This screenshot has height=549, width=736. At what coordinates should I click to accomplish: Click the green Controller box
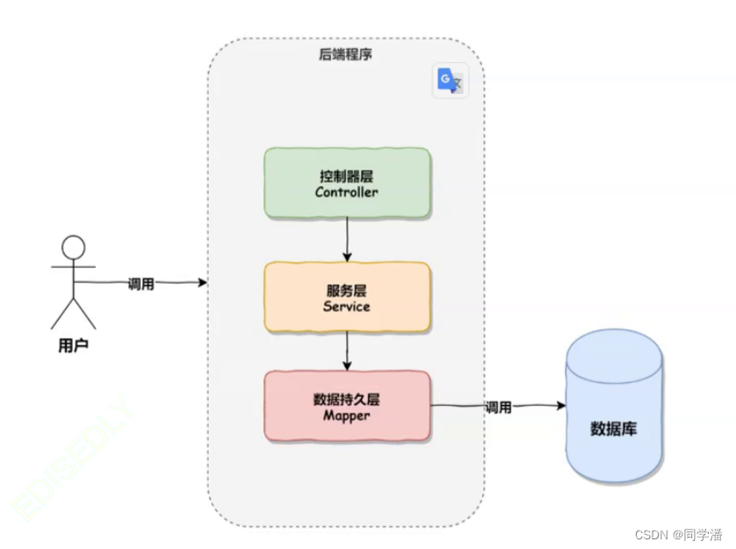(347, 183)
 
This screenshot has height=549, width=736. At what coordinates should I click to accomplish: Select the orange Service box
(347, 297)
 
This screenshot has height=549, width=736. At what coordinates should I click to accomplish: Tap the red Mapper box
(347, 406)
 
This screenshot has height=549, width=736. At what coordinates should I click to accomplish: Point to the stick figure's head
(73, 248)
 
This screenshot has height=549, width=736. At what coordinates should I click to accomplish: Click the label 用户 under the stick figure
(73, 345)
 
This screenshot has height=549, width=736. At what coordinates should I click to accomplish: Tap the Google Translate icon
(451, 81)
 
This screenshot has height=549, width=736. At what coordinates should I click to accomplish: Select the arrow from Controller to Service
(347, 239)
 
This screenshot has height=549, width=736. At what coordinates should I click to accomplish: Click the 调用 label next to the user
(141, 284)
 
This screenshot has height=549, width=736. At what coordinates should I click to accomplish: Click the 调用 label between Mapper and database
(498, 408)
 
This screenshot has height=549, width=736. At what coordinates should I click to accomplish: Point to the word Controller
(347, 191)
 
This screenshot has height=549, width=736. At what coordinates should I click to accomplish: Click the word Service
(347, 306)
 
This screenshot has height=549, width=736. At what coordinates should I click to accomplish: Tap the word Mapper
(347, 415)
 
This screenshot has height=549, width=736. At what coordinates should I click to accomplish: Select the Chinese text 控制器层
(347, 175)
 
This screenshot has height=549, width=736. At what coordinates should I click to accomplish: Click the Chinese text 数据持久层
(347, 399)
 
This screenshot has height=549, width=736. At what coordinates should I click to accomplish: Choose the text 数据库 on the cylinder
(614, 430)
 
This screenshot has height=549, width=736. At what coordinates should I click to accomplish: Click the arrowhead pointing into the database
(559, 406)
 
